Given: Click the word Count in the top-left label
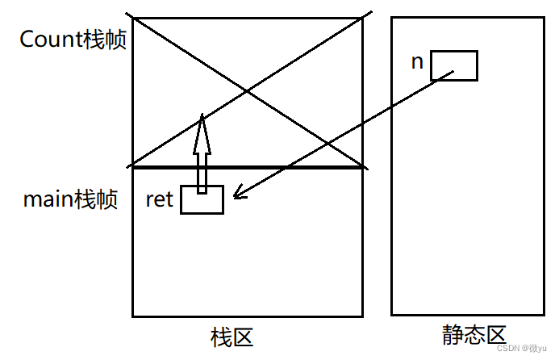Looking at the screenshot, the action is (x=50, y=40).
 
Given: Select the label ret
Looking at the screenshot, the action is (x=159, y=199).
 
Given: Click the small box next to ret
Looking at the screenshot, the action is (x=202, y=200).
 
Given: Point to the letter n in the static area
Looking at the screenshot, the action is (x=417, y=61).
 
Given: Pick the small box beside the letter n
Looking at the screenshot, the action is (x=453, y=65).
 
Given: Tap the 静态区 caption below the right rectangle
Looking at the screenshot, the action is (x=473, y=336).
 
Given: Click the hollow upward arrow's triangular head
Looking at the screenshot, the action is (x=202, y=133).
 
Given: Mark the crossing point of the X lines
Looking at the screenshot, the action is (x=248, y=91).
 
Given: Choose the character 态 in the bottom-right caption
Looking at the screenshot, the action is (x=473, y=336).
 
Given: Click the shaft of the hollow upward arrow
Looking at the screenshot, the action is (x=202, y=171).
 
